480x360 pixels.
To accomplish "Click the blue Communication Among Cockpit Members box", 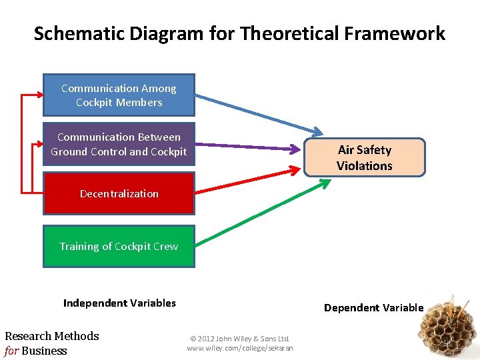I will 119,95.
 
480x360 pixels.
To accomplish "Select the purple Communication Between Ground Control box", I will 119,144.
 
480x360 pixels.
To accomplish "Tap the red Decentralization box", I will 119,194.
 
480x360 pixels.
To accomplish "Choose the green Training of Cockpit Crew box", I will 119,246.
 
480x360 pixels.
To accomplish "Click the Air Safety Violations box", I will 364,158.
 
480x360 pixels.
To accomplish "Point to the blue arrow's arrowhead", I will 316,131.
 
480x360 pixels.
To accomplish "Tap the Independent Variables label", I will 119,303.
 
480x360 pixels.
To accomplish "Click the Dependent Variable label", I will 373,307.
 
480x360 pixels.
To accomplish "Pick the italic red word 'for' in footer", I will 11,351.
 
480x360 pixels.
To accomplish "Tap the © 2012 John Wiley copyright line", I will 239,339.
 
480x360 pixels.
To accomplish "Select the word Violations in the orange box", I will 364,166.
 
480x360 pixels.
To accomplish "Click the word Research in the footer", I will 29,336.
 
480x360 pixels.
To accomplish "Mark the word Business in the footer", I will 44,351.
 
